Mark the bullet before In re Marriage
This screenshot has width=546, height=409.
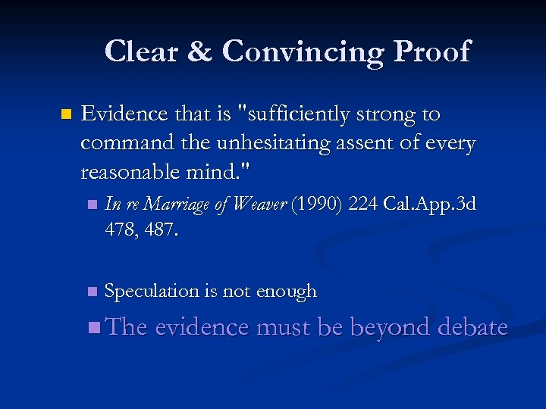coord(92,205)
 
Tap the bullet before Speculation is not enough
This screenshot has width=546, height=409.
coord(92,292)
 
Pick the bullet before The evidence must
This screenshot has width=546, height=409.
coord(93,328)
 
